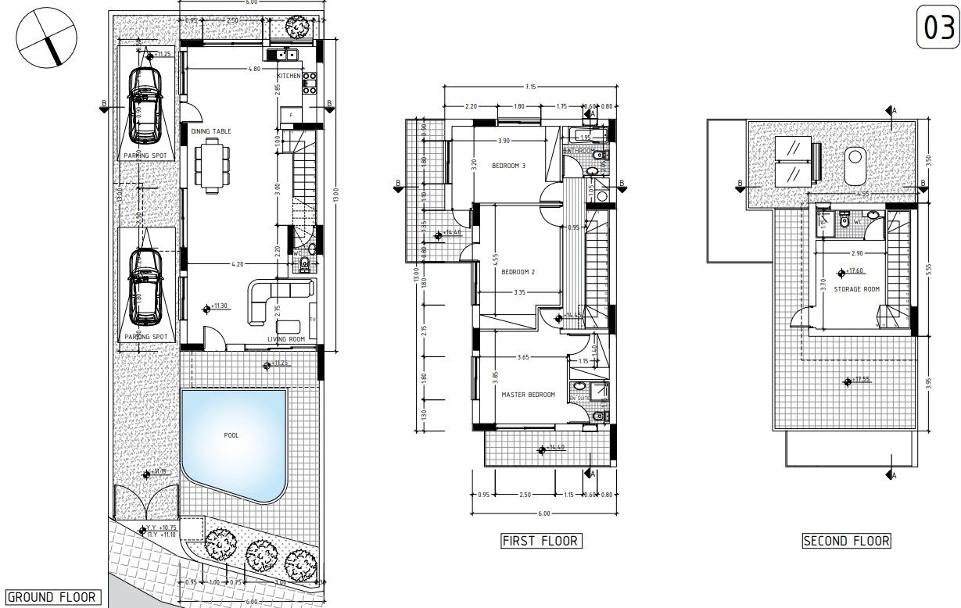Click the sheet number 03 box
(x=937, y=28)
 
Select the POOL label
(x=231, y=435)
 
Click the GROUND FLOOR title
(x=52, y=598)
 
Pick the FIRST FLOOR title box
(x=540, y=541)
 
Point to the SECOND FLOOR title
(x=847, y=541)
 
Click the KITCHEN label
(x=289, y=76)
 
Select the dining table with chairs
(x=212, y=165)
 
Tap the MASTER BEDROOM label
(x=529, y=395)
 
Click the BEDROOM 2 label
(x=518, y=272)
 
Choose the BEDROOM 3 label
(x=508, y=166)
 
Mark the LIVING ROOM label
(x=286, y=339)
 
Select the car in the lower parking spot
(x=145, y=285)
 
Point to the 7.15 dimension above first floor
(x=530, y=86)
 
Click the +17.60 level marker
(x=852, y=272)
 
